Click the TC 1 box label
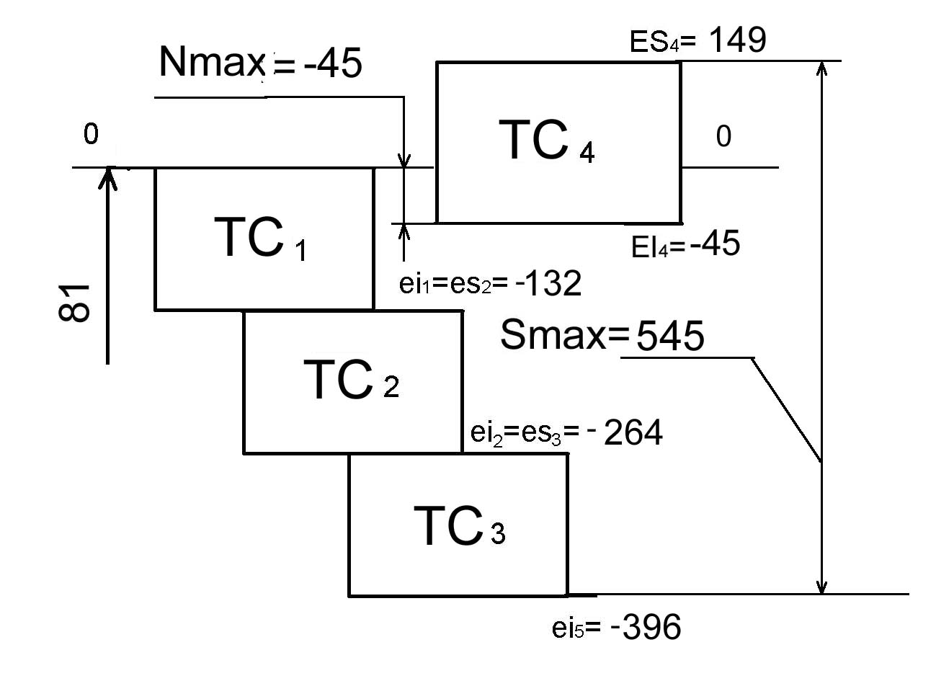261,237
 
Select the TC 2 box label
352,379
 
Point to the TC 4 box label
547,141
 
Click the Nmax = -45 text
260,63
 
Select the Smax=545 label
602,335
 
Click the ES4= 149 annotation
697,40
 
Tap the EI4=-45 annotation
685,244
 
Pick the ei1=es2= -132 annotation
490,282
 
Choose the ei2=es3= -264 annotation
566,432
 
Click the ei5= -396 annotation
616,627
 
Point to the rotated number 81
74,303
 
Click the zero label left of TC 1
91,134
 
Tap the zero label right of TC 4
723,136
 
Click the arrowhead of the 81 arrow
108,177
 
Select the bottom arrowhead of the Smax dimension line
822,585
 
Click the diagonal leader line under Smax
786,410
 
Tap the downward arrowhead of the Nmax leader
404,161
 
